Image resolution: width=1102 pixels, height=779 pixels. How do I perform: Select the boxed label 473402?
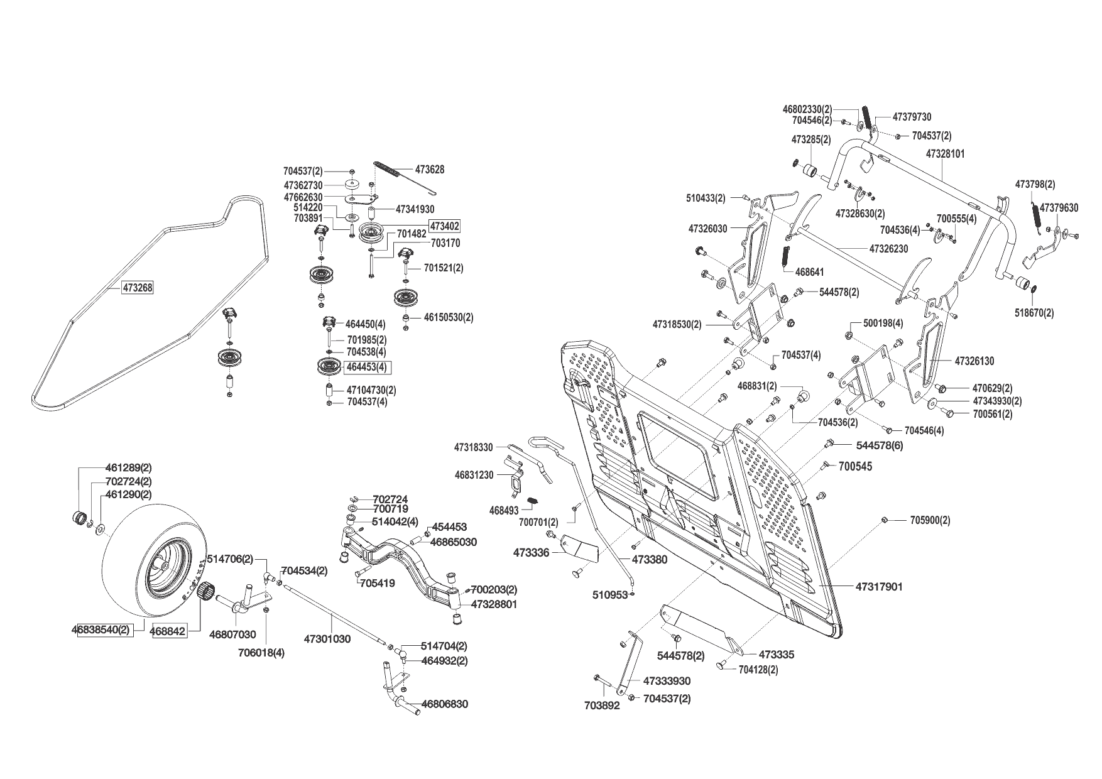tap(445, 226)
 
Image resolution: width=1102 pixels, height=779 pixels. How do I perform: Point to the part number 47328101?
tap(946, 153)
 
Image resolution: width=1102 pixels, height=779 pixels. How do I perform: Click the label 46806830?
tap(444, 704)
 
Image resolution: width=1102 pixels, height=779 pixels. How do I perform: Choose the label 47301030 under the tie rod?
tap(327, 639)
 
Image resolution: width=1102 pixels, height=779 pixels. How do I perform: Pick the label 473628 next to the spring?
tap(430, 170)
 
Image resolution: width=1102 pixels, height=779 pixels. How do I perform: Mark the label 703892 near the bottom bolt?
tap(602, 705)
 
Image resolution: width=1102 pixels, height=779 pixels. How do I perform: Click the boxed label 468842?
tap(169, 631)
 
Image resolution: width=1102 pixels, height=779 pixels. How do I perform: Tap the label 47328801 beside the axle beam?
tap(494, 604)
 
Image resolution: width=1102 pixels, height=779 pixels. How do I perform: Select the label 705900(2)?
tap(930, 520)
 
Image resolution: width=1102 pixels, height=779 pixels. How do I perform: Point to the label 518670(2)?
tap(1035, 312)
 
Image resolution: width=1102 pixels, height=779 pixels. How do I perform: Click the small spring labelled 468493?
tap(534, 500)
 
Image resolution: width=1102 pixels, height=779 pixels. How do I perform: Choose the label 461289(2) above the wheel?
tap(128, 468)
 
